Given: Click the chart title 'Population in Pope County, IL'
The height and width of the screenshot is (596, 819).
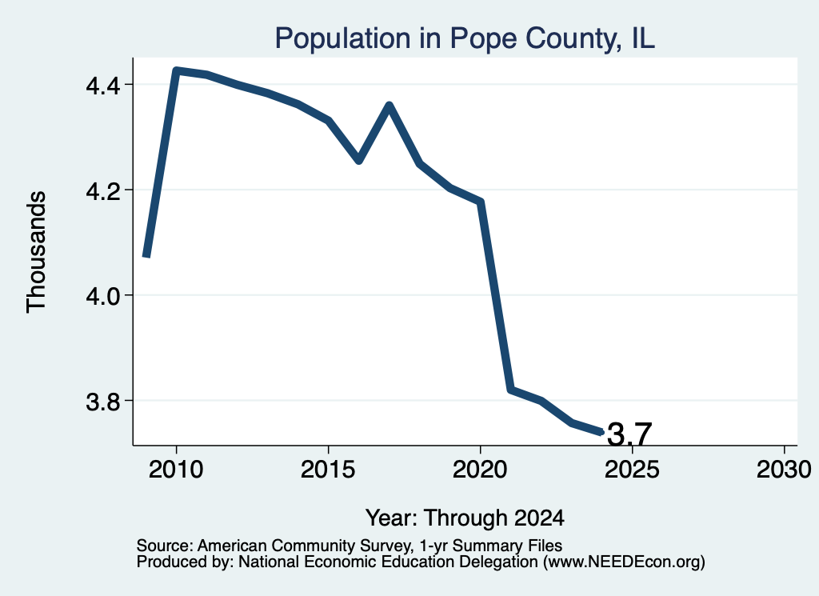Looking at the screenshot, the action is click(x=465, y=38).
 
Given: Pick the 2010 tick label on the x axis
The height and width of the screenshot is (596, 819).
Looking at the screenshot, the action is click(x=176, y=469).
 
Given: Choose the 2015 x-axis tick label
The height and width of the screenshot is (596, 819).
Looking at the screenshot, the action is click(x=328, y=469).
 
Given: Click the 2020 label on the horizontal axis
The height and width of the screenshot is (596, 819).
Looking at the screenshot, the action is click(x=480, y=469).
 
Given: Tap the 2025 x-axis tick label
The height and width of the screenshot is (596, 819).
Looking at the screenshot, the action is click(x=632, y=469).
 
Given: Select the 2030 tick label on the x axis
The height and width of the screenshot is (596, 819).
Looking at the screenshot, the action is click(x=784, y=469).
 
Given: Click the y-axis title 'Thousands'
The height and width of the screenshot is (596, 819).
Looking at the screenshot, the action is click(x=37, y=252).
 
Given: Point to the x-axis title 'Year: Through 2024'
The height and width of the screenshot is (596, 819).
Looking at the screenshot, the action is click(x=465, y=518).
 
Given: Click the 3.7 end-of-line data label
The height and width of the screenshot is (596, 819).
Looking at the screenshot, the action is click(x=630, y=434).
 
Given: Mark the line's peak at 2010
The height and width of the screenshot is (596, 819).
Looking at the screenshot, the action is click(x=177, y=70).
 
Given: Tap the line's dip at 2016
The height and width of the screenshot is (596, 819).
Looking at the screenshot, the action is click(x=359, y=160).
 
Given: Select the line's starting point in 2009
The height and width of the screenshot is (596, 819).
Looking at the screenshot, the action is click(x=147, y=257).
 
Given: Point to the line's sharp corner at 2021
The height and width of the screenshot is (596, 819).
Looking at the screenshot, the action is click(x=511, y=389).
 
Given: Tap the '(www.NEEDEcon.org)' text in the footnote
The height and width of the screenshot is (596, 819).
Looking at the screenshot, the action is click(x=624, y=562).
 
